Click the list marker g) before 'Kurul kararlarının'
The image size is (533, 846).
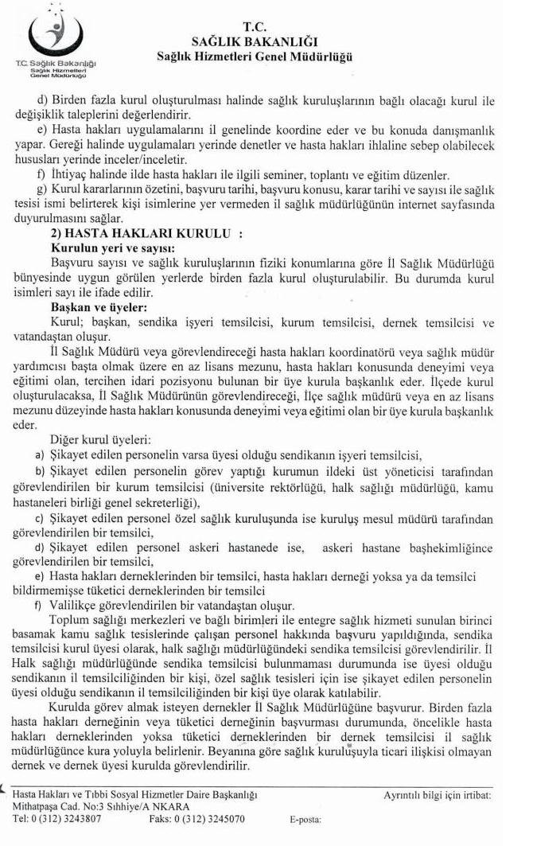43,189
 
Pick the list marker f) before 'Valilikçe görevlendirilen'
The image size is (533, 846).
39,606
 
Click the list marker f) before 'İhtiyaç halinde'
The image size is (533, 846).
42,174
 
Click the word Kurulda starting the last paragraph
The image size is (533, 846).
71,707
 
